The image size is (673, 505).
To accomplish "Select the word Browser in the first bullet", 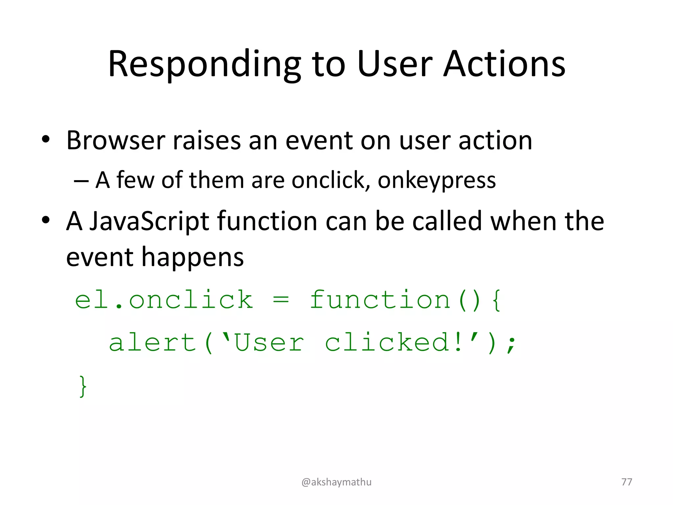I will pyautogui.click(x=115, y=141).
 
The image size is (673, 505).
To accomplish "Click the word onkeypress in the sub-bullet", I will pyautogui.click(x=436, y=181).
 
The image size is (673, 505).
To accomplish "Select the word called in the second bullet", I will pyautogui.click(x=447, y=221).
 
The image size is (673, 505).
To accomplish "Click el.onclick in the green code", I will pyautogui.click(x=164, y=300).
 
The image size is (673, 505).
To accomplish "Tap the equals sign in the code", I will pyautogui.click(x=281, y=300).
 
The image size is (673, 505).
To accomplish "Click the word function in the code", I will pyautogui.click(x=380, y=300).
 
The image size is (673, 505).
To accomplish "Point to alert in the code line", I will pyautogui.click(x=152, y=343).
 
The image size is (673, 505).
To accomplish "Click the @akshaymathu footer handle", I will pyautogui.click(x=336, y=482).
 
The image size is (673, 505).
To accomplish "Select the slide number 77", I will pyautogui.click(x=627, y=482).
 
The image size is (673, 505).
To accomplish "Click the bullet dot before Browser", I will pyautogui.click(x=45, y=140).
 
